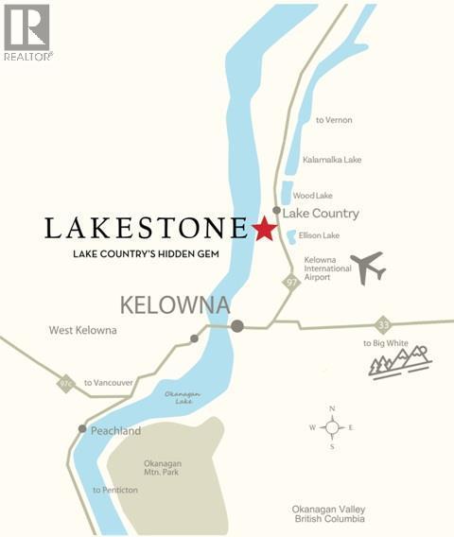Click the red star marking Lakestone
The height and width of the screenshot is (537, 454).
pos(264,229)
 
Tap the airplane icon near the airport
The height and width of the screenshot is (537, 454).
pos(367,267)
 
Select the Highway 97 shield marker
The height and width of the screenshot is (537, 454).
pos(293,281)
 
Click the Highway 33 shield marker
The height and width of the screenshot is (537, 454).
pos(382,323)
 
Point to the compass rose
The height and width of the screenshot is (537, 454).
pos(332,427)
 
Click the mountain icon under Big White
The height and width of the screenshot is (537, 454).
pos(399,361)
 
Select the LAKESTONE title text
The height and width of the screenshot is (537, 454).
pos(146,229)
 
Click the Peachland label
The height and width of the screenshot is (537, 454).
pos(115,430)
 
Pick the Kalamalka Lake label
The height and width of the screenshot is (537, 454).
pos(332,160)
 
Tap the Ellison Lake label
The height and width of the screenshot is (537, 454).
pos(320,234)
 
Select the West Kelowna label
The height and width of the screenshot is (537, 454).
pos(83,330)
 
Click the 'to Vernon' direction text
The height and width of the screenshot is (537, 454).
pos(333,120)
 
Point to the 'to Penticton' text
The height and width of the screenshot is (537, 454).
pos(114,490)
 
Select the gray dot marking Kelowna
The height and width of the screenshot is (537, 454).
pos(237,326)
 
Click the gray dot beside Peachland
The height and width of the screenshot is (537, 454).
pos(82,429)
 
